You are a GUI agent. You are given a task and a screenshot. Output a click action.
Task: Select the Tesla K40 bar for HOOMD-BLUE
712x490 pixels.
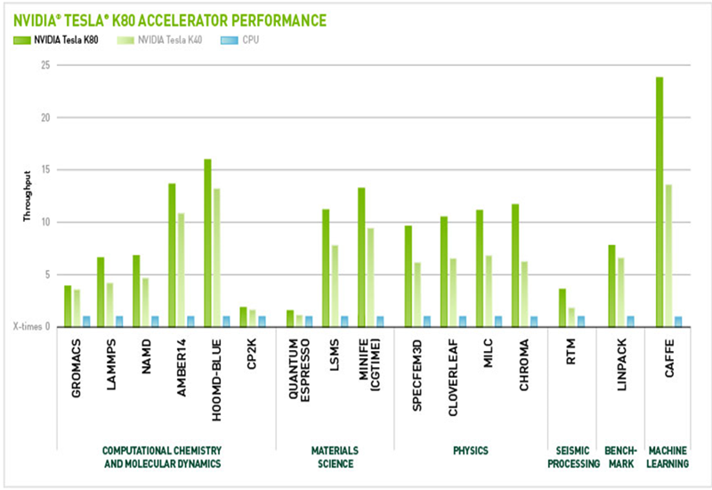[x=215, y=257]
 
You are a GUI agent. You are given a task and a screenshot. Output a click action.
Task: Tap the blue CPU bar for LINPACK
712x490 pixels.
[x=630, y=321]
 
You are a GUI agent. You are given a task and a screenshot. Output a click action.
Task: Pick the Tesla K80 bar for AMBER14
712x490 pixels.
[x=172, y=255]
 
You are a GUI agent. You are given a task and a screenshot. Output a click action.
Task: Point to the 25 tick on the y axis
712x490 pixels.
[x=47, y=65]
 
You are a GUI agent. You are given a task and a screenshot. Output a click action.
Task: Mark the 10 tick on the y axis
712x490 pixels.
[x=47, y=222]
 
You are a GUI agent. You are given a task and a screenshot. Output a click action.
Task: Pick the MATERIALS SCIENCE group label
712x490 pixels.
[x=335, y=457]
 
